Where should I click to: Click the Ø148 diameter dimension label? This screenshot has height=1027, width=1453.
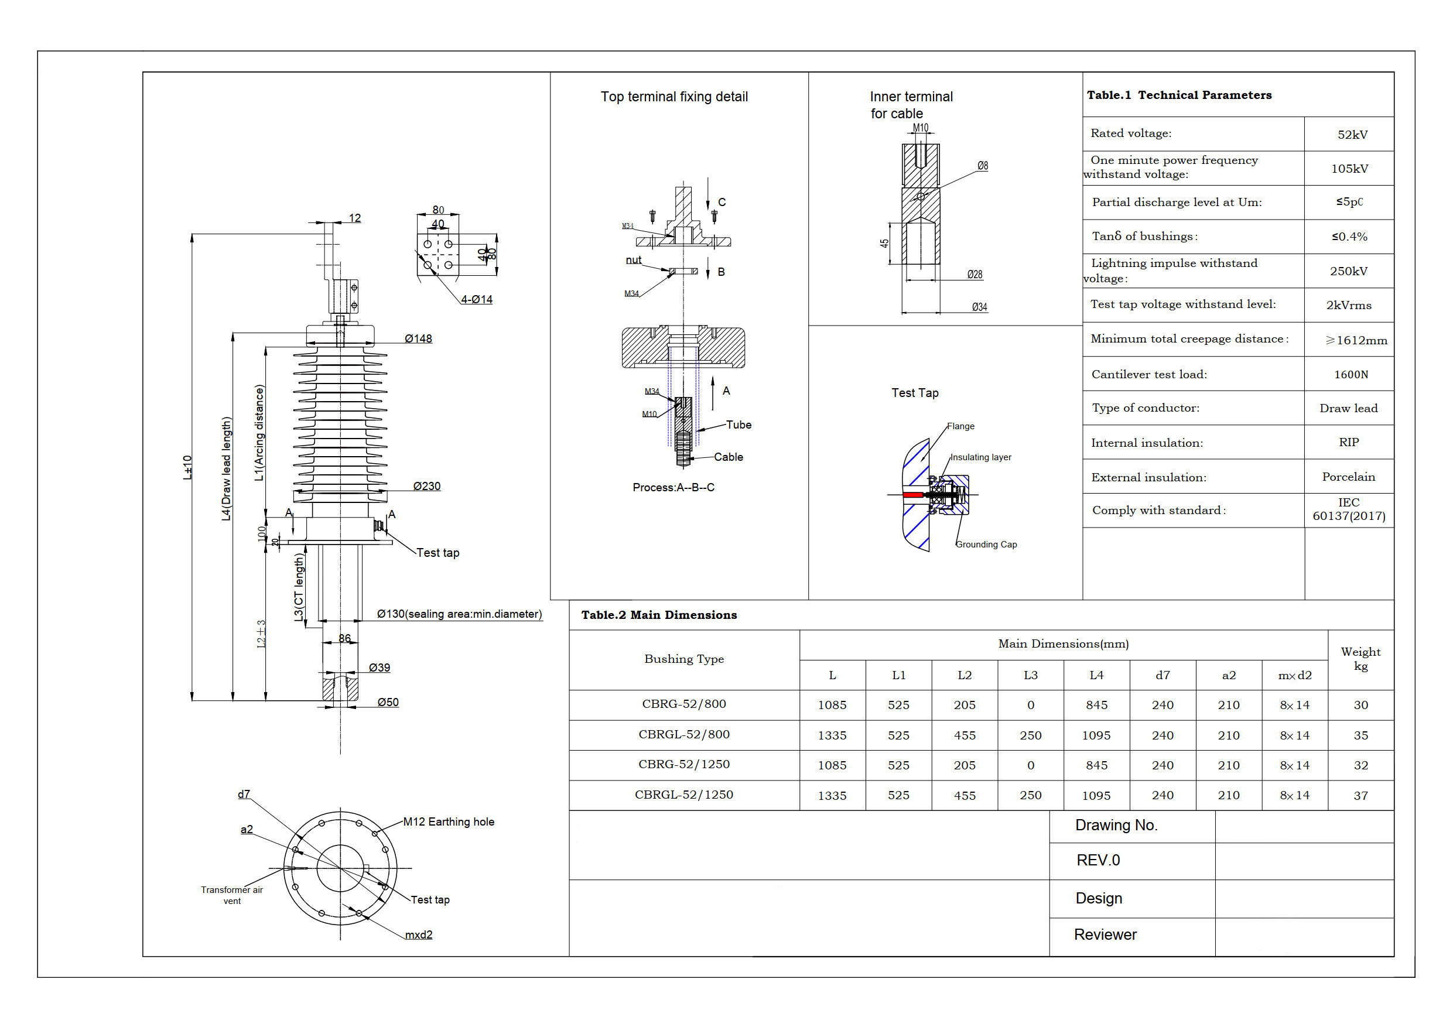click(x=418, y=338)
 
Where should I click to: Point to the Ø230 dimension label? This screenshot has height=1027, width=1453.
click(x=426, y=486)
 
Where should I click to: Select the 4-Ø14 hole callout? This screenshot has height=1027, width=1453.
click(x=476, y=299)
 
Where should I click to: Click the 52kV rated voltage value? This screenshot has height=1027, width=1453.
click(x=1352, y=134)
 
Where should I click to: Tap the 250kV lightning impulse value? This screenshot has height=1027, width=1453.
click(x=1349, y=271)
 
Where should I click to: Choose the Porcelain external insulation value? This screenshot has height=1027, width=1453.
click(x=1348, y=477)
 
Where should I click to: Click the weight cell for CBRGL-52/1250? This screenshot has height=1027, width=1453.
click(x=1360, y=795)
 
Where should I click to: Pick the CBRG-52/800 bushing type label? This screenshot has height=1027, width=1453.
click(x=683, y=704)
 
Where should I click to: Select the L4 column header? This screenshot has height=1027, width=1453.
click(x=1096, y=675)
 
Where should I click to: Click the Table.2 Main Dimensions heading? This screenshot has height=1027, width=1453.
click(x=659, y=614)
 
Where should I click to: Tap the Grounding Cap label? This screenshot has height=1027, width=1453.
click(x=986, y=544)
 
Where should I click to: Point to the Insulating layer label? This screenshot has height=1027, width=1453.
click(x=980, y=457)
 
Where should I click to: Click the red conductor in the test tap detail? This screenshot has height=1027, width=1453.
click(x=912, y=495)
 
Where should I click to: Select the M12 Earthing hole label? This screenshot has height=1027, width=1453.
click(x=448, y=821)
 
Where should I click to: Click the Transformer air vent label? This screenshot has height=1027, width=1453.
click(x=231, y=895)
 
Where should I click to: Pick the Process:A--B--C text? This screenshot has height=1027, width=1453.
click(x=673, y=487)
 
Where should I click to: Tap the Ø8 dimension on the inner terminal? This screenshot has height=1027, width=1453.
click(x=982, y=166)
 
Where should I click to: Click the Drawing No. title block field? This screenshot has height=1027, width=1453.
click(x=1116, y=825)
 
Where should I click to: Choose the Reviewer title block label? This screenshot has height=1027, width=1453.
click(x=1105, y=934)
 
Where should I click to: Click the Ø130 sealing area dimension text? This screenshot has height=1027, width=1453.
click(x=459, y=614)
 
